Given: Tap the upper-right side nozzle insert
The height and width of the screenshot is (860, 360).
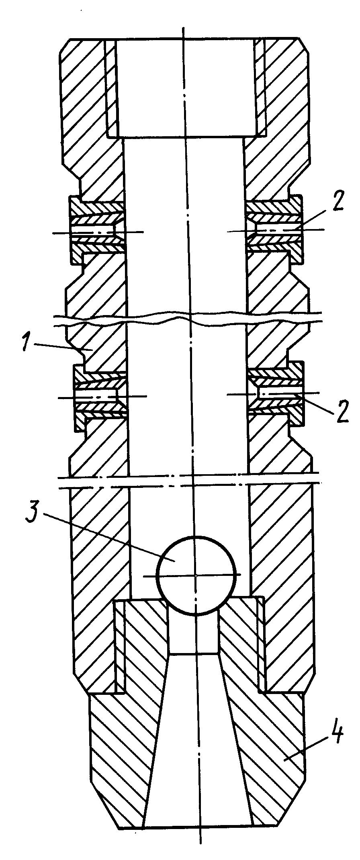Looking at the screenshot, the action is click(274, 228).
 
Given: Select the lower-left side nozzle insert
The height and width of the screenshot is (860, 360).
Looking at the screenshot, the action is click(101, 396).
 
